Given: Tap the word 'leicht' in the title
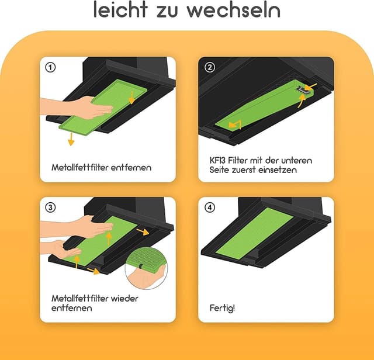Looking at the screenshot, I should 121,10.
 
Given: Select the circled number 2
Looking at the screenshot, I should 209,67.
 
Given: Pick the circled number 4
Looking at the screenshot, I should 209,207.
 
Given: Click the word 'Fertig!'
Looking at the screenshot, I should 222,307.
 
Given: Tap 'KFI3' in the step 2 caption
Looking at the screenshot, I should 220,160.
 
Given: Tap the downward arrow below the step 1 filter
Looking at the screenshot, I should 70,139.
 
